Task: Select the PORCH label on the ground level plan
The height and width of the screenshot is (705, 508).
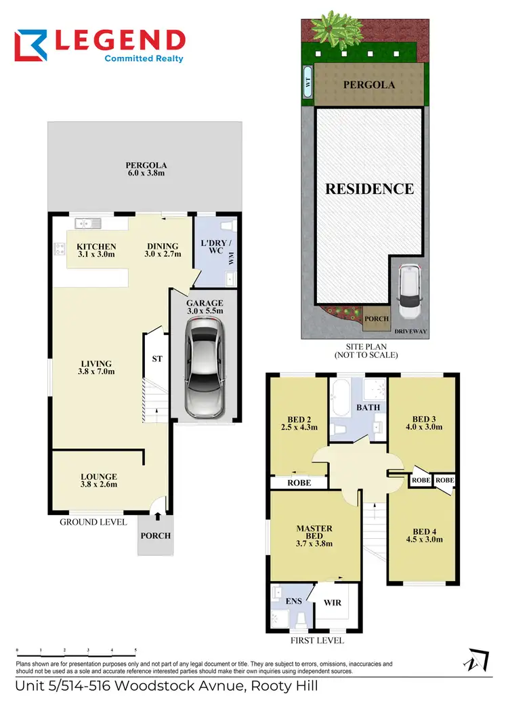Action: coord(155,536)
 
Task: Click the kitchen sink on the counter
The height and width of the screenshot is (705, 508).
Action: coord(88,222)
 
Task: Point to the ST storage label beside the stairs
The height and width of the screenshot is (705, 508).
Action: coord(155,359)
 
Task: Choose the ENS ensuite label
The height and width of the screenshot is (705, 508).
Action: coord(293,600)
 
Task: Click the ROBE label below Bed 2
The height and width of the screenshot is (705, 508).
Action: coord(299,483)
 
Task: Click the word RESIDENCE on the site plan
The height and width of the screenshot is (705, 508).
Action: coord(369,189)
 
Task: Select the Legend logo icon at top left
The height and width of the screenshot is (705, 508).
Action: coord(30,45)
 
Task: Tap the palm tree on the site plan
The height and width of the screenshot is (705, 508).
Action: coord(332,28)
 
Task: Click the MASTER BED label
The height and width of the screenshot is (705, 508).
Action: coord(314,533)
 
